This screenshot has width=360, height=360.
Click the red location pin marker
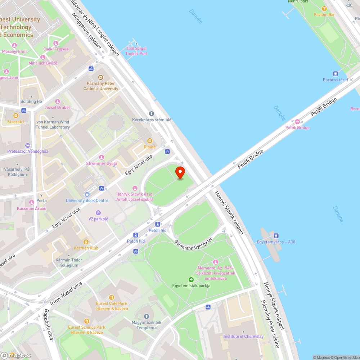click(x=180, y=173)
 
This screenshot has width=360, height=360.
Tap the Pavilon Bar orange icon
click(x=324, y=9)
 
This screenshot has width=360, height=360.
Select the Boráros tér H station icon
click(x=336, y=73)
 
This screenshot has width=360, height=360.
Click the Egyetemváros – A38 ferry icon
click(x=276, y=235)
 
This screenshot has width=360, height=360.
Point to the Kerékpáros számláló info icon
click(x=151, y=114)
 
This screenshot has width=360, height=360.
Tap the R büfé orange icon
click(x=150, y=140)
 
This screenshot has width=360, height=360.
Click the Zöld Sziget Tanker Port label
click(x=136, y=51)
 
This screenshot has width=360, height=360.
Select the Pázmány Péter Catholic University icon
click(x=101, y=77)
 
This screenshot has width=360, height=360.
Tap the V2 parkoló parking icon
click(x=98, y=212)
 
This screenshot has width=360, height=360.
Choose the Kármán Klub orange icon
click(x=86, y=242)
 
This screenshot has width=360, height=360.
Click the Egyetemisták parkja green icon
click(x=191, y=279)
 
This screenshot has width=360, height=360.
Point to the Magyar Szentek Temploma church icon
click(x=146, y=316)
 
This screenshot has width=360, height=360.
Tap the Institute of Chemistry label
click(x=243, y=337)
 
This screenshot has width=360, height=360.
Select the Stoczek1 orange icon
click(x=15, y=116)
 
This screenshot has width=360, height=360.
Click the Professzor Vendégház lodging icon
click(x=28, y=145)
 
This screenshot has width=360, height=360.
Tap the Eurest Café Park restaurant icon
click(x=111, y=297)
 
